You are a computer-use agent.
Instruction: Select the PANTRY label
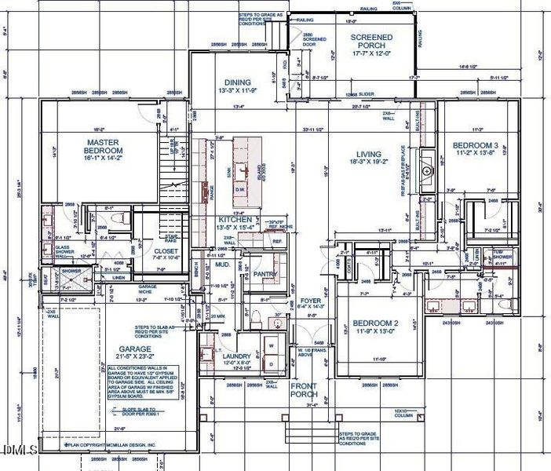[x=265, y=274]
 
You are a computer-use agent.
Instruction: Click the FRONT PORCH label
[x=303, y=390]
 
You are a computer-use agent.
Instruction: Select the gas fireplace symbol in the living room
[x=427, y=169]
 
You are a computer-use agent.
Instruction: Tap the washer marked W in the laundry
[x=272, y=343]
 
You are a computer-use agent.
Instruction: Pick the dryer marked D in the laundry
[x=272, y=363]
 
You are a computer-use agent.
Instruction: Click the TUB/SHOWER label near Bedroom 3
[x=503, y=254]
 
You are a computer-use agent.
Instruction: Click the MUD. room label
[x=222, y=265]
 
